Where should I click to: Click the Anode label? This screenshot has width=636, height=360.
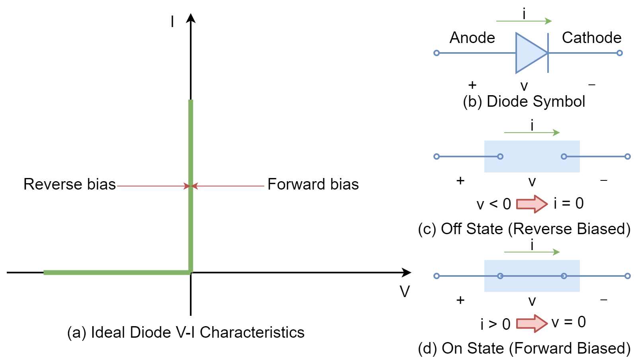click(472, 38)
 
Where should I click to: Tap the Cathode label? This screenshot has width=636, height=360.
click(591, 38)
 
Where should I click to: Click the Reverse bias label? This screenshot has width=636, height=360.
click(70, 184)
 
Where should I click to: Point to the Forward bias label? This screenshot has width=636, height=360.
click(313, 184)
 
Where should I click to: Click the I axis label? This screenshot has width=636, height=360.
click(172, 22)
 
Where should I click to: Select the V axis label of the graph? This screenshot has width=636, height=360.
click(404, 292)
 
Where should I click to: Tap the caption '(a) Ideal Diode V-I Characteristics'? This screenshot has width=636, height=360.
click(186, 333)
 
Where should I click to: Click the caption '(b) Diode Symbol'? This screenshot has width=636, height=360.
click(524, 102)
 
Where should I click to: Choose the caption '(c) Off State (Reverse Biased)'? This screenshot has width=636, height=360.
click(524, 229)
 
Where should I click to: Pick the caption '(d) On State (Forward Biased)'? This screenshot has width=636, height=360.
click(524, 348)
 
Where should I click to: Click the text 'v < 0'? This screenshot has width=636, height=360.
click(494, 204)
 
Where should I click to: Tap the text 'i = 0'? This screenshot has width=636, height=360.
click(569, 203)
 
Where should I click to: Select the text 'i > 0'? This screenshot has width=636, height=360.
click(495, 324)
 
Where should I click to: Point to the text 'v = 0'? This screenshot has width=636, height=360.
click(569, 322)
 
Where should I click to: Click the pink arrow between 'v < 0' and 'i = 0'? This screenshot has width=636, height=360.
click(532, 204)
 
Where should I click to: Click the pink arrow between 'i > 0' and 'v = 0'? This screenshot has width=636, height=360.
click(532, 323)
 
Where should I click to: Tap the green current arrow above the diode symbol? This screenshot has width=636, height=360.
click(524, 21)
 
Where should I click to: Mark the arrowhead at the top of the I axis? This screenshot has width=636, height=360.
click(191, 18)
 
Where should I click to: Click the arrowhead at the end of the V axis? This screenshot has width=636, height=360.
click(406, 273)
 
